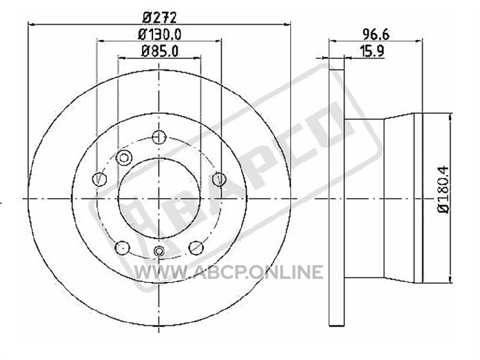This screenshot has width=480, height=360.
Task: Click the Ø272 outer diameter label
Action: [x=160, y=18]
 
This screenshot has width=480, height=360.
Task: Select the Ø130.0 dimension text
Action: [x=160, y=34]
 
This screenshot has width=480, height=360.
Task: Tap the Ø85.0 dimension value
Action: [x=160, y=51]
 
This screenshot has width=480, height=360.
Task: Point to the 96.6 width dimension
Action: [x=376, y=34]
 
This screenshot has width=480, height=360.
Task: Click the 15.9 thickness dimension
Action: [x=372, y=51]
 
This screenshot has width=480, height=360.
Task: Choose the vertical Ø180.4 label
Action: [x=443, y=190]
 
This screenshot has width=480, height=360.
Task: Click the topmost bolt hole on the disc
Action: [x=159, y=137]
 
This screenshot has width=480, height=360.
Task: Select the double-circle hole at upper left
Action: [x=124, y=158]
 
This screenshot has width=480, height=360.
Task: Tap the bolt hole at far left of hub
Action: [x=100, y=179]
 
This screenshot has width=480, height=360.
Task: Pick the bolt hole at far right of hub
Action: [x=219, y=179]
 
